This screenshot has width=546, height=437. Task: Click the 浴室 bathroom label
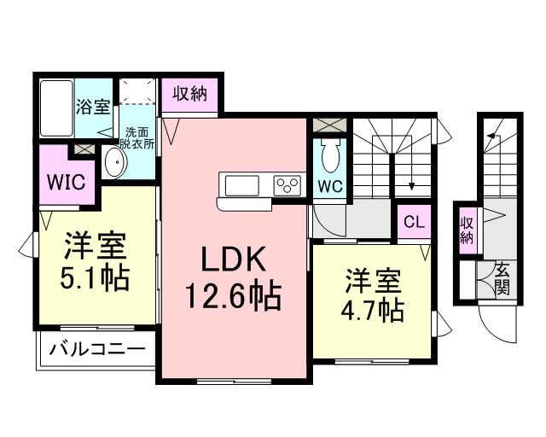(93, 107)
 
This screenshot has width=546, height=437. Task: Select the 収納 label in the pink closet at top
(189, 95)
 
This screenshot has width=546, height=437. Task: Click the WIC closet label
(64, 182)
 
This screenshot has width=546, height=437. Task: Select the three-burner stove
(288, 185)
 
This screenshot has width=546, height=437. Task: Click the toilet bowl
(329, 157)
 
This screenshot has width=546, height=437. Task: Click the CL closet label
(414, 224)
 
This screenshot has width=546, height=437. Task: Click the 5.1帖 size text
(96, 278)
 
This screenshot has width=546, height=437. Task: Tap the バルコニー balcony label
(96, 348)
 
